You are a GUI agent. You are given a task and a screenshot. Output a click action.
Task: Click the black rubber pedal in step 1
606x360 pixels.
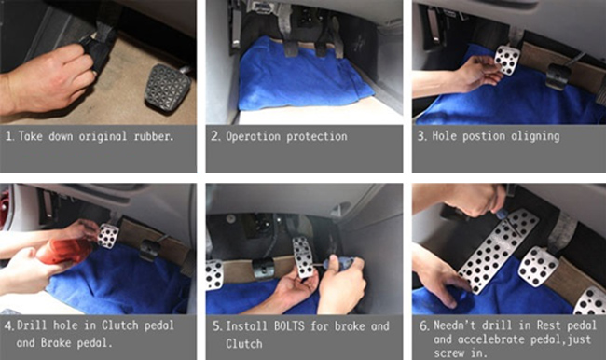pyautogui.click(x=167, y=89)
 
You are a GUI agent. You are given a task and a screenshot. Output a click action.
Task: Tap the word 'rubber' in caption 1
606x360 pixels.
pyautogui.click(x=154, y=136)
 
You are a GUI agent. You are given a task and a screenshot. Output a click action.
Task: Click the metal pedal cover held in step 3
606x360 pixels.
pyautogui.click(x=507, y=60)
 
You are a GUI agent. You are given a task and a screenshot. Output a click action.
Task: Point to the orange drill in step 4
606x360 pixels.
pyautogui.click(x=63, y=251)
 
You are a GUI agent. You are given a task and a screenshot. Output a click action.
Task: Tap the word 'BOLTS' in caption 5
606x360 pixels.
pyautogui.click(x=289, y=326)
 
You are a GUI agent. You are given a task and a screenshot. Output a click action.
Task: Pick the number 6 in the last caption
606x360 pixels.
pyautogui.click(x=423, y=325)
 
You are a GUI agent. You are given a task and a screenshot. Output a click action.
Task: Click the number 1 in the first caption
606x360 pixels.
pyautogui.click(x=9, y=136)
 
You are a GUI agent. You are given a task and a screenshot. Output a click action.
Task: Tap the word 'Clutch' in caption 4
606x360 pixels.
pyautogui.click(x=120, y=325)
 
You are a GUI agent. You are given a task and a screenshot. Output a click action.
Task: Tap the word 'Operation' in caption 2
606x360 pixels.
pyautogui.click(x=253, y=136)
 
